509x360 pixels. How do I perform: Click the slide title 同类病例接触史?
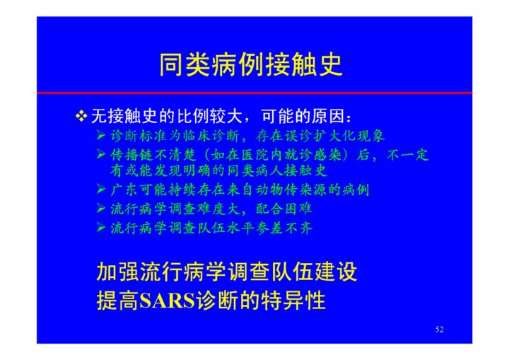(250, 64)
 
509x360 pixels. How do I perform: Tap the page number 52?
(439, 330)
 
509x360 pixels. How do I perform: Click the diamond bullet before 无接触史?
(81, 116)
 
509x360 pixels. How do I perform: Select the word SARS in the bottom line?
(167, 301)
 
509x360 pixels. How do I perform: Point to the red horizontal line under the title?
(255, 93)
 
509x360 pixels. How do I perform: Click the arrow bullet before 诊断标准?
(101, 135)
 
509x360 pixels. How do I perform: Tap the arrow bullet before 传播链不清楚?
(101, 154)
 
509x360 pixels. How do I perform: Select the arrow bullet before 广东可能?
(101, 189)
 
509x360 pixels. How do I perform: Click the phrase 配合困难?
(284, 209)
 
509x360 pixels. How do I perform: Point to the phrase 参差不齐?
(284, 228)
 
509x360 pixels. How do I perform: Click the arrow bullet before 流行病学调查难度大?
(101, 208)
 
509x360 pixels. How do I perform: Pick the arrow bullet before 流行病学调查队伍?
(101, 228)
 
